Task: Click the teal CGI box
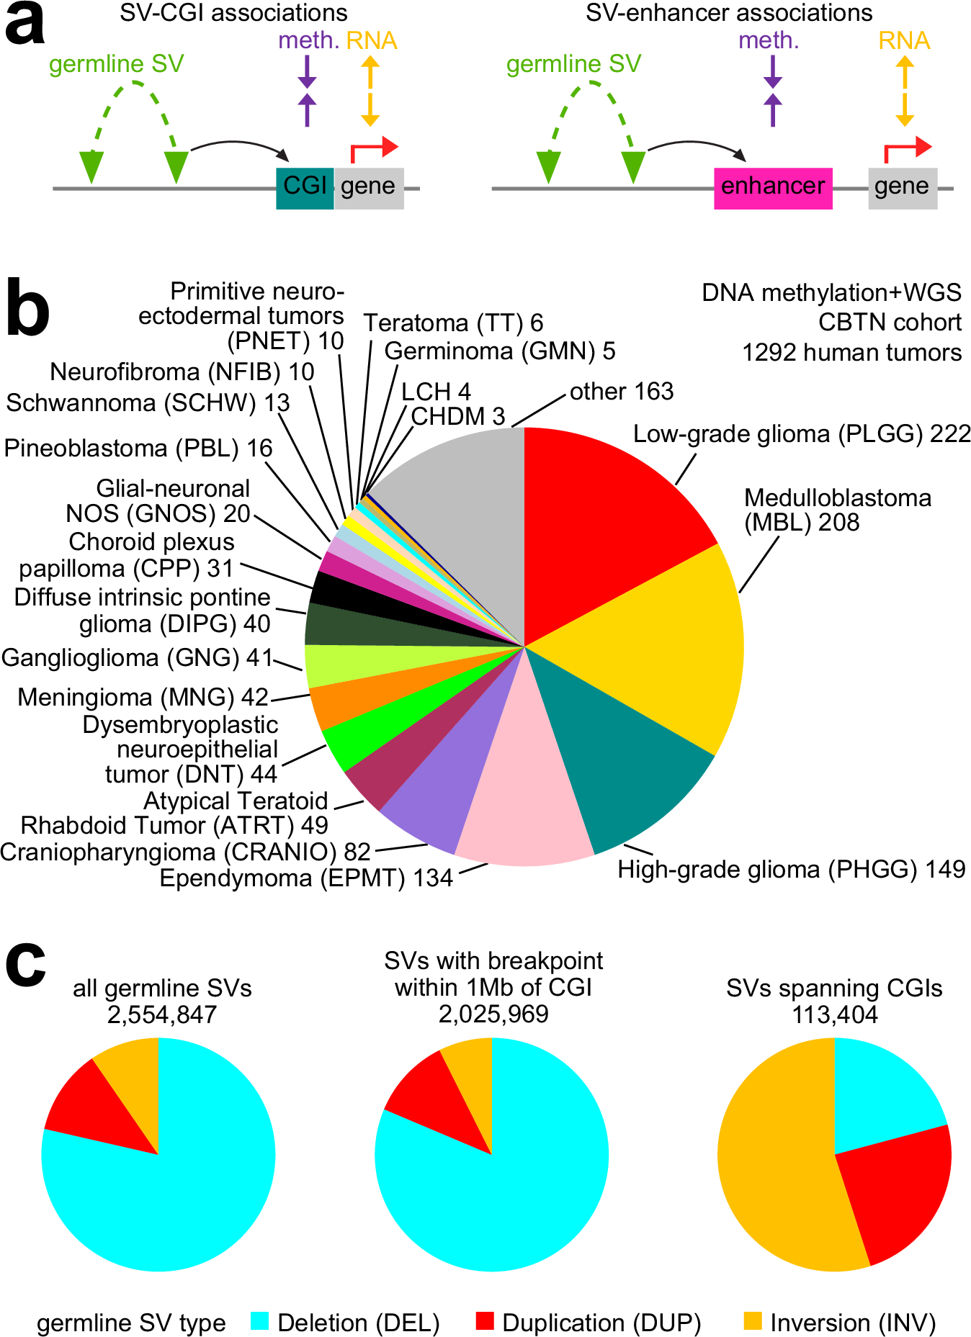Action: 305,188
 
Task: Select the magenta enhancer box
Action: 772,188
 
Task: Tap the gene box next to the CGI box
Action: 368,188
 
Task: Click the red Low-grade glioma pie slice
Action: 605,518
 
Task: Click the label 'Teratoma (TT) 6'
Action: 453,323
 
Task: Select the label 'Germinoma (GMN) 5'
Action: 500,351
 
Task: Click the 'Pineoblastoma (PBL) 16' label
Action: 138,449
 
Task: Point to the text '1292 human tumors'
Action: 851,353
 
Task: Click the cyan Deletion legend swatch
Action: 260,1321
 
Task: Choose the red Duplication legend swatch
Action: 485,1321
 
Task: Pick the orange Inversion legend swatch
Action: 753,1321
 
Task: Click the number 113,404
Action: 835,1015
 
